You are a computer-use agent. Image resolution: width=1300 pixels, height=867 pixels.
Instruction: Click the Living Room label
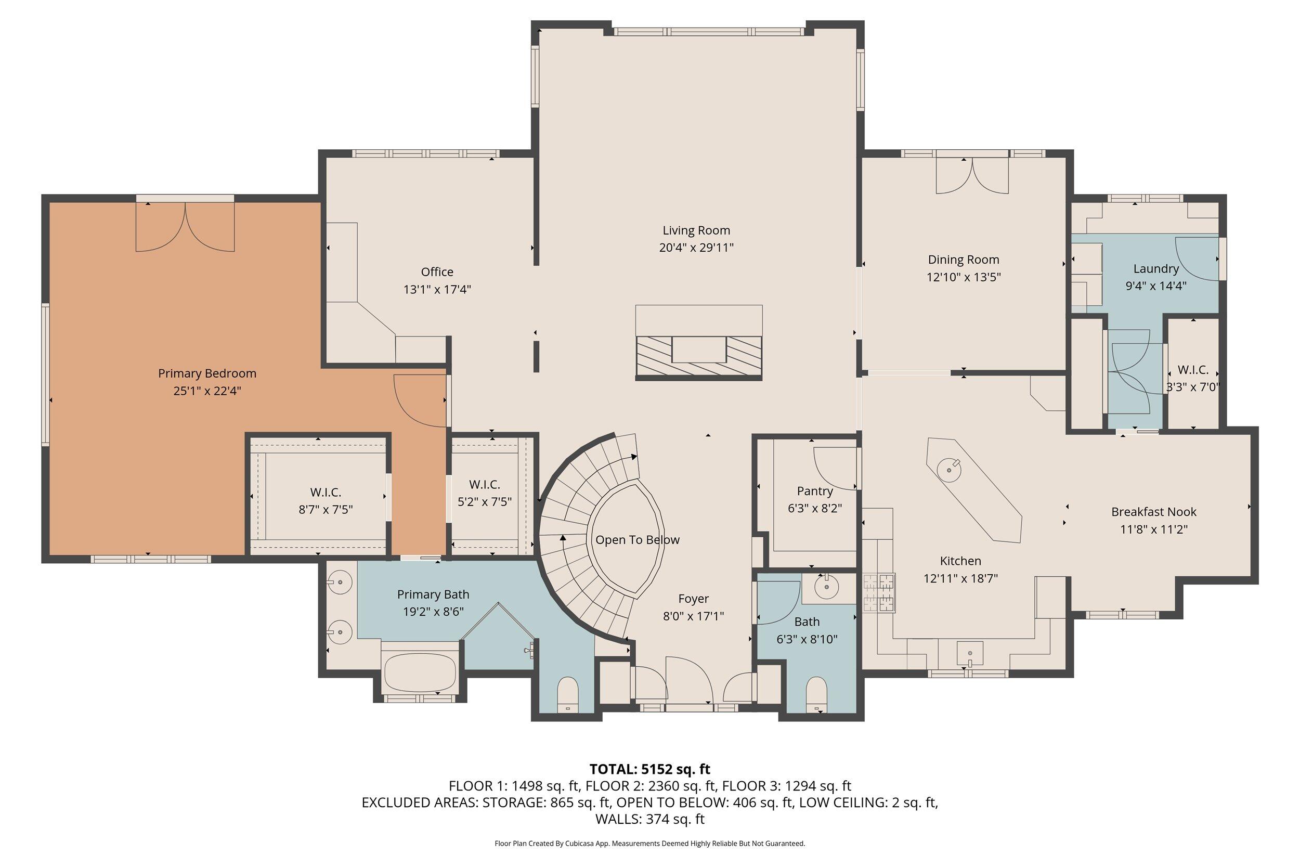click(x=696, y=230)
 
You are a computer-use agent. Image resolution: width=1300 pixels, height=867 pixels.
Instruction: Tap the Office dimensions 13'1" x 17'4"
click(x=437, y=289)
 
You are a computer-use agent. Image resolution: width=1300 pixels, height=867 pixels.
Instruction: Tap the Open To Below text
click(x=636, y=540)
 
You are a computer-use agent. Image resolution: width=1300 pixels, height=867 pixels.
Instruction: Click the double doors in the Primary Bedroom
click(x=185, y=227)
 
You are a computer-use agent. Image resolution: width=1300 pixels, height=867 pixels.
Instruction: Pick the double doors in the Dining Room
click(x=972, y=176)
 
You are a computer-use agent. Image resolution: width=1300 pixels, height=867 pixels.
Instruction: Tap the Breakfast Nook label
click(x=1153, y=511)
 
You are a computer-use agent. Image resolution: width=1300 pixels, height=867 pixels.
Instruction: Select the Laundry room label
click(x=1156, y=269)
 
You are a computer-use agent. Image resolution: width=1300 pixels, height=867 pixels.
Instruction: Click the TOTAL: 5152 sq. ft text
click(x=649, y=769)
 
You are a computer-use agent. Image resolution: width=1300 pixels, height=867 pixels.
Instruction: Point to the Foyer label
click(x=693, y=598)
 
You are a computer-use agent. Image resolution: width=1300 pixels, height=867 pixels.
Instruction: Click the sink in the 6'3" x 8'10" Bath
click(x=826, y=587)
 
